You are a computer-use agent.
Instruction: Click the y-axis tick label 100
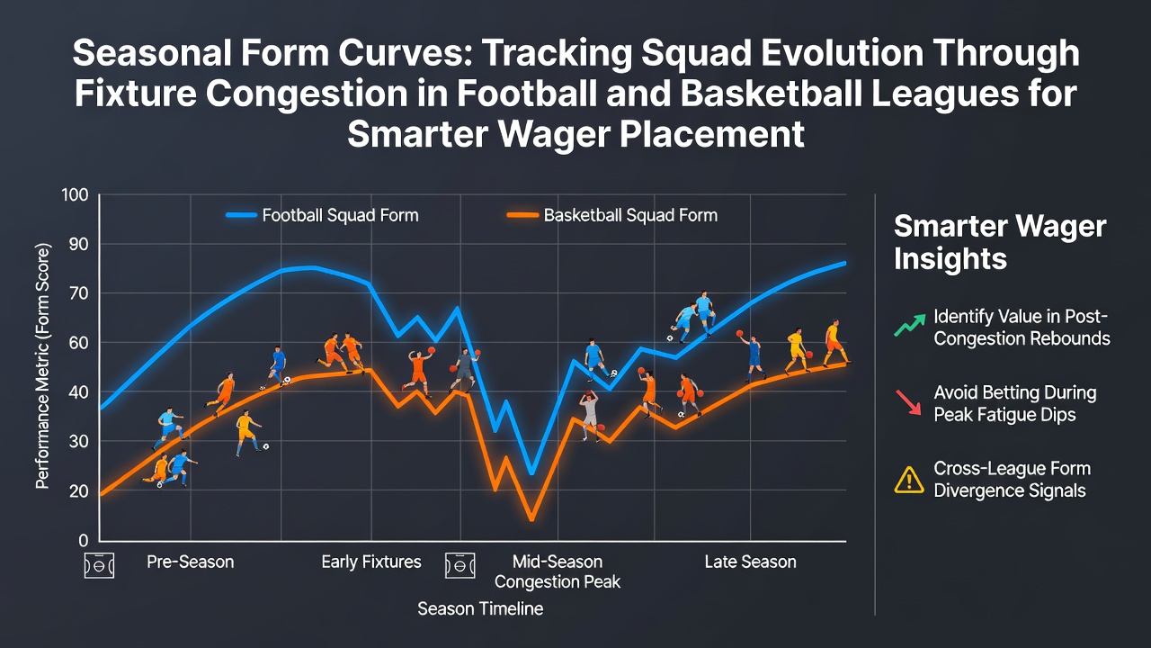75,195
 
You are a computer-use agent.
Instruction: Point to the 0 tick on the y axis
84,541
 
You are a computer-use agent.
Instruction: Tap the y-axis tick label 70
78,293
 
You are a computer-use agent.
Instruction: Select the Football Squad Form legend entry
323,215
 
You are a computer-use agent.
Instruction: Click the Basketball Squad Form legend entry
612,215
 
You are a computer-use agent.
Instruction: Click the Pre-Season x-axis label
190,562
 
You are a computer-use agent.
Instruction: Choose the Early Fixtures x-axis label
371,562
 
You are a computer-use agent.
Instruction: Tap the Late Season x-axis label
750,562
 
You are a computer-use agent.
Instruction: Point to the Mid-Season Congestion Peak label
558,571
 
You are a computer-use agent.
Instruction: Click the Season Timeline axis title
480,608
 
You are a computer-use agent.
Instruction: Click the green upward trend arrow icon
909,324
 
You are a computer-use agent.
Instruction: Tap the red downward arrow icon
908,402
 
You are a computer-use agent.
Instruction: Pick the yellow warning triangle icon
909,481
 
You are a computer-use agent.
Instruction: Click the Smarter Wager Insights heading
999,242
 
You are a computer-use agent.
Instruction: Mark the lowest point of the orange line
531,519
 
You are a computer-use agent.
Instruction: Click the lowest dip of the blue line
531,472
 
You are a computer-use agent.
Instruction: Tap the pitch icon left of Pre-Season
99,566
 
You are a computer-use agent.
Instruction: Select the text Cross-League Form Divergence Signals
1012,480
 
